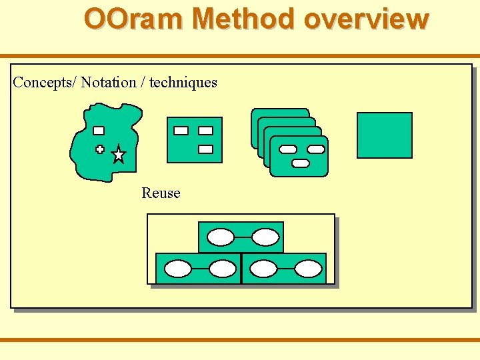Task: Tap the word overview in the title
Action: tap(365, 19)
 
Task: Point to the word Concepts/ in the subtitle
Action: tap(45, 83)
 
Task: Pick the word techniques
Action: tap(183, 83)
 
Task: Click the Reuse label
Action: tap(161, 193)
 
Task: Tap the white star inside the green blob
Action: tap(118, 155)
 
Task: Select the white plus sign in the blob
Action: tap(100, 149)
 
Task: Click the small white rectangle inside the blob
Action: tap(99, 131)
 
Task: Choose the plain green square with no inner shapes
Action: tap(385, 135)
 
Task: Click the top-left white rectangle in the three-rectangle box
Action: tap(181, 131)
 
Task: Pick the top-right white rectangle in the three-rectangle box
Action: tap(205, 131)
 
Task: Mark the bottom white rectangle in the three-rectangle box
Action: tap(205, 149)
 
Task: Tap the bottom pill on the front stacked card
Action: tap(301, 163)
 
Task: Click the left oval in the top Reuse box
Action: tap(221, 237)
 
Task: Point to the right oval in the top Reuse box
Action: tap(265, 237)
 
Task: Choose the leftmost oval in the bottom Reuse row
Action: tap(178, 269)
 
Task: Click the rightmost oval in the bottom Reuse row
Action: tap(308, 269)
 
